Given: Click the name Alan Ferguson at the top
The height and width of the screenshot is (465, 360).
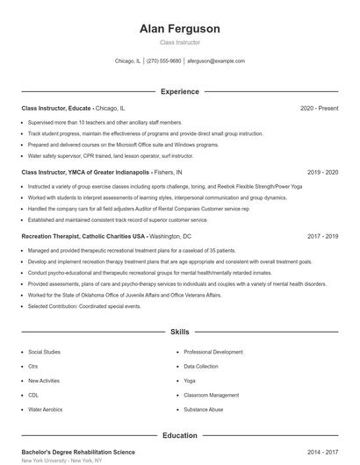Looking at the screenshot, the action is [179, 29].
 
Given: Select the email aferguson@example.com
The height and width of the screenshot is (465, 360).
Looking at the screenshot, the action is [216, 61].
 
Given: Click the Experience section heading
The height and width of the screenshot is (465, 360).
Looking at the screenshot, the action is [179, 91].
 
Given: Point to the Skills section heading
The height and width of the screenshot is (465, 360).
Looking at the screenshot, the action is [179, 333].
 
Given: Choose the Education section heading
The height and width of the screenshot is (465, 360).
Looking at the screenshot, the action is [179, 434].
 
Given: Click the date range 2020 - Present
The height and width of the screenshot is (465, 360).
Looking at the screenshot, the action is [319, 108].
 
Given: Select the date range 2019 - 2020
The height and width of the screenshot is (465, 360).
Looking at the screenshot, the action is [322, 172].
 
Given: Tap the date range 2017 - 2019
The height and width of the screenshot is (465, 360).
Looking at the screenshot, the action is [322, 236].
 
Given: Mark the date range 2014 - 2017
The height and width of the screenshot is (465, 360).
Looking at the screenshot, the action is [322, 451].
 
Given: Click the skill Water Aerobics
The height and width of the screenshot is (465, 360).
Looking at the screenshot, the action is [46, 410].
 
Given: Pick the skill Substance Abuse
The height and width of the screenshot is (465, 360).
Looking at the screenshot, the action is [203, 410].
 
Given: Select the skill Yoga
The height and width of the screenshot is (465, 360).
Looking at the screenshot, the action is [190, 381].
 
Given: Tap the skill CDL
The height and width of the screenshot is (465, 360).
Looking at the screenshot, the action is [34, 395].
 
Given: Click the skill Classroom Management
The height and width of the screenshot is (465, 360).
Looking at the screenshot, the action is [212, 395].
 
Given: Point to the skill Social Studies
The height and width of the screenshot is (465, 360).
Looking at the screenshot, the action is [46, 351].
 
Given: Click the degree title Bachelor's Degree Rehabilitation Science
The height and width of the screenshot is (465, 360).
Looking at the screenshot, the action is [78, 451].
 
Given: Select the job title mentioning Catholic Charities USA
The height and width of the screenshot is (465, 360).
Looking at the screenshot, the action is [106, 236].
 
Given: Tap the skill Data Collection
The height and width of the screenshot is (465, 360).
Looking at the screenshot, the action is [201, 366].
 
